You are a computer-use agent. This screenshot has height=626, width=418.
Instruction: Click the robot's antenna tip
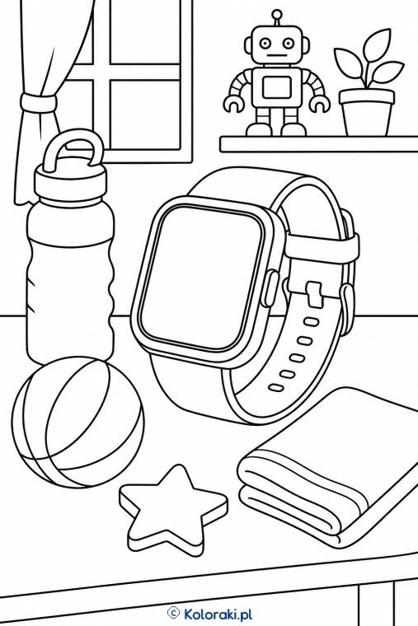tap(275, 14)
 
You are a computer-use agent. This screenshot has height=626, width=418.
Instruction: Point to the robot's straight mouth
tap(275, 55)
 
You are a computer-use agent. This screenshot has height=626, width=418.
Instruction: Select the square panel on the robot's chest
tap(276, 86)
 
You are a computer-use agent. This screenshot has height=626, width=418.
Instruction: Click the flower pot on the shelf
tap(366, 112)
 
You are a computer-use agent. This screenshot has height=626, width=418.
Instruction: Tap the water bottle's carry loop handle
tap(72, 152)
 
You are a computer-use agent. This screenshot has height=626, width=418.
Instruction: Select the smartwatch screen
tap(202, 278)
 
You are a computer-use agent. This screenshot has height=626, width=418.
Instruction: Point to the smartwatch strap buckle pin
tap(315, 292)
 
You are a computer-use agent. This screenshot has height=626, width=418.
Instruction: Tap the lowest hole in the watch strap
tap(275, 387)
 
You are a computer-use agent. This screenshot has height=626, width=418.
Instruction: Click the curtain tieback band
tap(39, 102)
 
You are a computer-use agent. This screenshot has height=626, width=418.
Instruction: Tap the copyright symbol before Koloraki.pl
tap(173, 612)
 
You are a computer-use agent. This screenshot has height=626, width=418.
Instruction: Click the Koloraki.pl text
tap(218, 613)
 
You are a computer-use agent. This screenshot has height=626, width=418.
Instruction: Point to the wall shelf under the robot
tap(319, 143)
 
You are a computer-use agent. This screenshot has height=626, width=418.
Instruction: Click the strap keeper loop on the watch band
tap(322, 249)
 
